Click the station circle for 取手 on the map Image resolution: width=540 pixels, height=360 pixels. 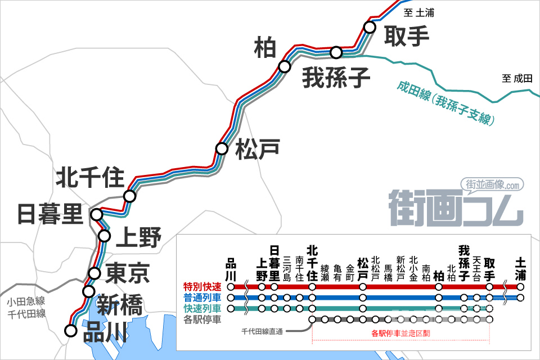(370, 26)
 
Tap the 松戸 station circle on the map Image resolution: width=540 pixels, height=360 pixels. (222, 149)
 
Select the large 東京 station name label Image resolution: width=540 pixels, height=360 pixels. (128, 273)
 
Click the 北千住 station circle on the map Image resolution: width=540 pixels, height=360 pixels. (130, 196)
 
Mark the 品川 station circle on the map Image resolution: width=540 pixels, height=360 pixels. (70, 331)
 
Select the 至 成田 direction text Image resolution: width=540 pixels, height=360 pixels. (517, 79)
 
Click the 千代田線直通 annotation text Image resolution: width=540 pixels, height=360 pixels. (263, 331)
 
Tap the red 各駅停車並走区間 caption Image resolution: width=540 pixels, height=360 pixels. (401, 333)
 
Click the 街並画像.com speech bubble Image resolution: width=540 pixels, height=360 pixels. (492, 184)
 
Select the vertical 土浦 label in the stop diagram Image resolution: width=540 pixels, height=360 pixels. (521, 268)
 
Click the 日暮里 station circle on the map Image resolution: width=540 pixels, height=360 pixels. (97, 214)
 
